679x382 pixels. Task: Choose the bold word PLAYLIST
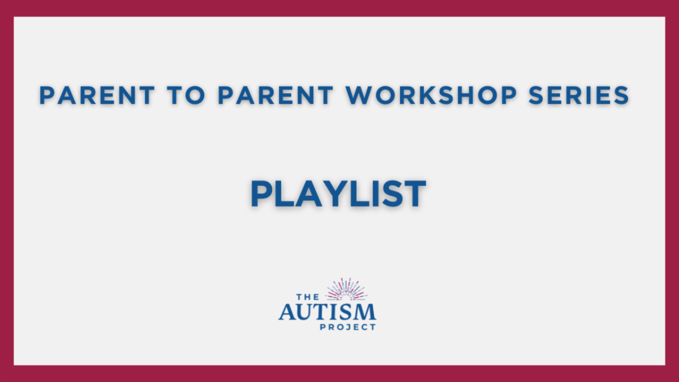(338, 194)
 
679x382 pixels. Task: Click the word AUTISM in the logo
(327, 311)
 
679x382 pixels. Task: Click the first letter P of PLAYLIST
(262, 194)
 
